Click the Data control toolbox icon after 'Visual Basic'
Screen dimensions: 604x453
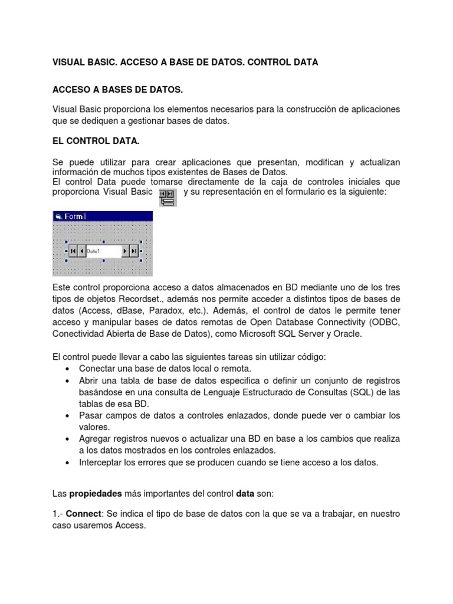pos(168,198)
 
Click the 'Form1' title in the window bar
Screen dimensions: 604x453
pos(75,216)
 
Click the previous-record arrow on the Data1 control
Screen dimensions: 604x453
pos(81,251)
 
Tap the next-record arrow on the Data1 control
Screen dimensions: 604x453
pos(125,251)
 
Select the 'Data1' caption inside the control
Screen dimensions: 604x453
pos(94,251)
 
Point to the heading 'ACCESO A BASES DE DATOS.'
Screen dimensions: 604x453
pos(118,89)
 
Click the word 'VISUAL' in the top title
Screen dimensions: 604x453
pos(69,62)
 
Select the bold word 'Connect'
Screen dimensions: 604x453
pos(83,514)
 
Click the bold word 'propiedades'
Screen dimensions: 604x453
pos(96,493)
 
